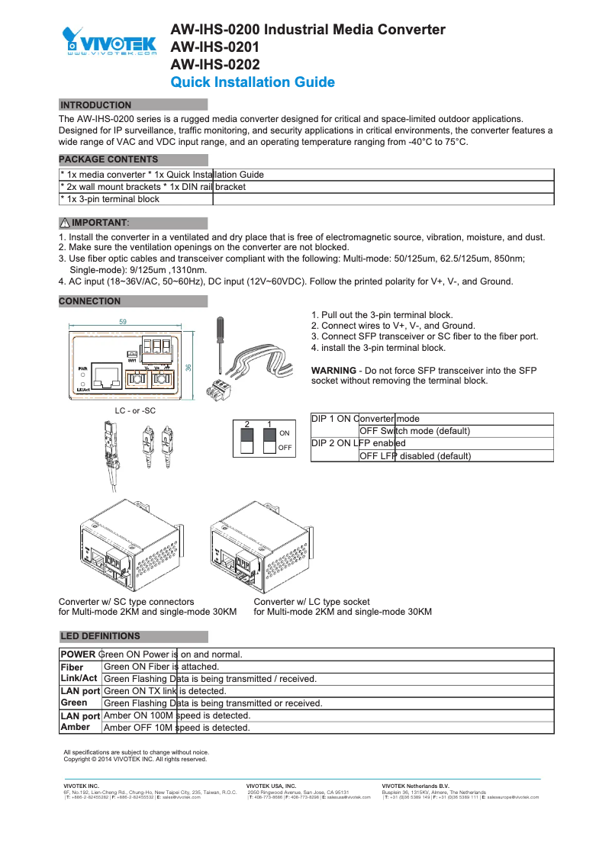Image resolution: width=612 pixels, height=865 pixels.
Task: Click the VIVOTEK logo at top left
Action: [110, 42]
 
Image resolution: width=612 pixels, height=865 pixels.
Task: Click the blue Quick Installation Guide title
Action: [252, 82]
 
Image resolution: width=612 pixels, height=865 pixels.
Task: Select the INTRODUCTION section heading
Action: [95, 105]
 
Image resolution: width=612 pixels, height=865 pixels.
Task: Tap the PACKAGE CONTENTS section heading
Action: [109, 159]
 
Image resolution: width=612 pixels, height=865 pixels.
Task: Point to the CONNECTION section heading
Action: [90, 301]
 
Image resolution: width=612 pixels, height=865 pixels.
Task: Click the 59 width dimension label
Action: [123, 322]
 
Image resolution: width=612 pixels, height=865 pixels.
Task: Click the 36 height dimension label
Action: [188, 367]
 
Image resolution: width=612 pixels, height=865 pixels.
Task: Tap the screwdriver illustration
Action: [219, 340]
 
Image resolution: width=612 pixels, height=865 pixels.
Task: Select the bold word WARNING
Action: [333, 370]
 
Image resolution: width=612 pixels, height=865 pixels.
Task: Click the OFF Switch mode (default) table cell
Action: [414, 431]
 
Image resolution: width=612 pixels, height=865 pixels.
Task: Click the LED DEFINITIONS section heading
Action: [100, 636]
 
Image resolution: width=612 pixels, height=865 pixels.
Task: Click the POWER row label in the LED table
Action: [78, 654]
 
